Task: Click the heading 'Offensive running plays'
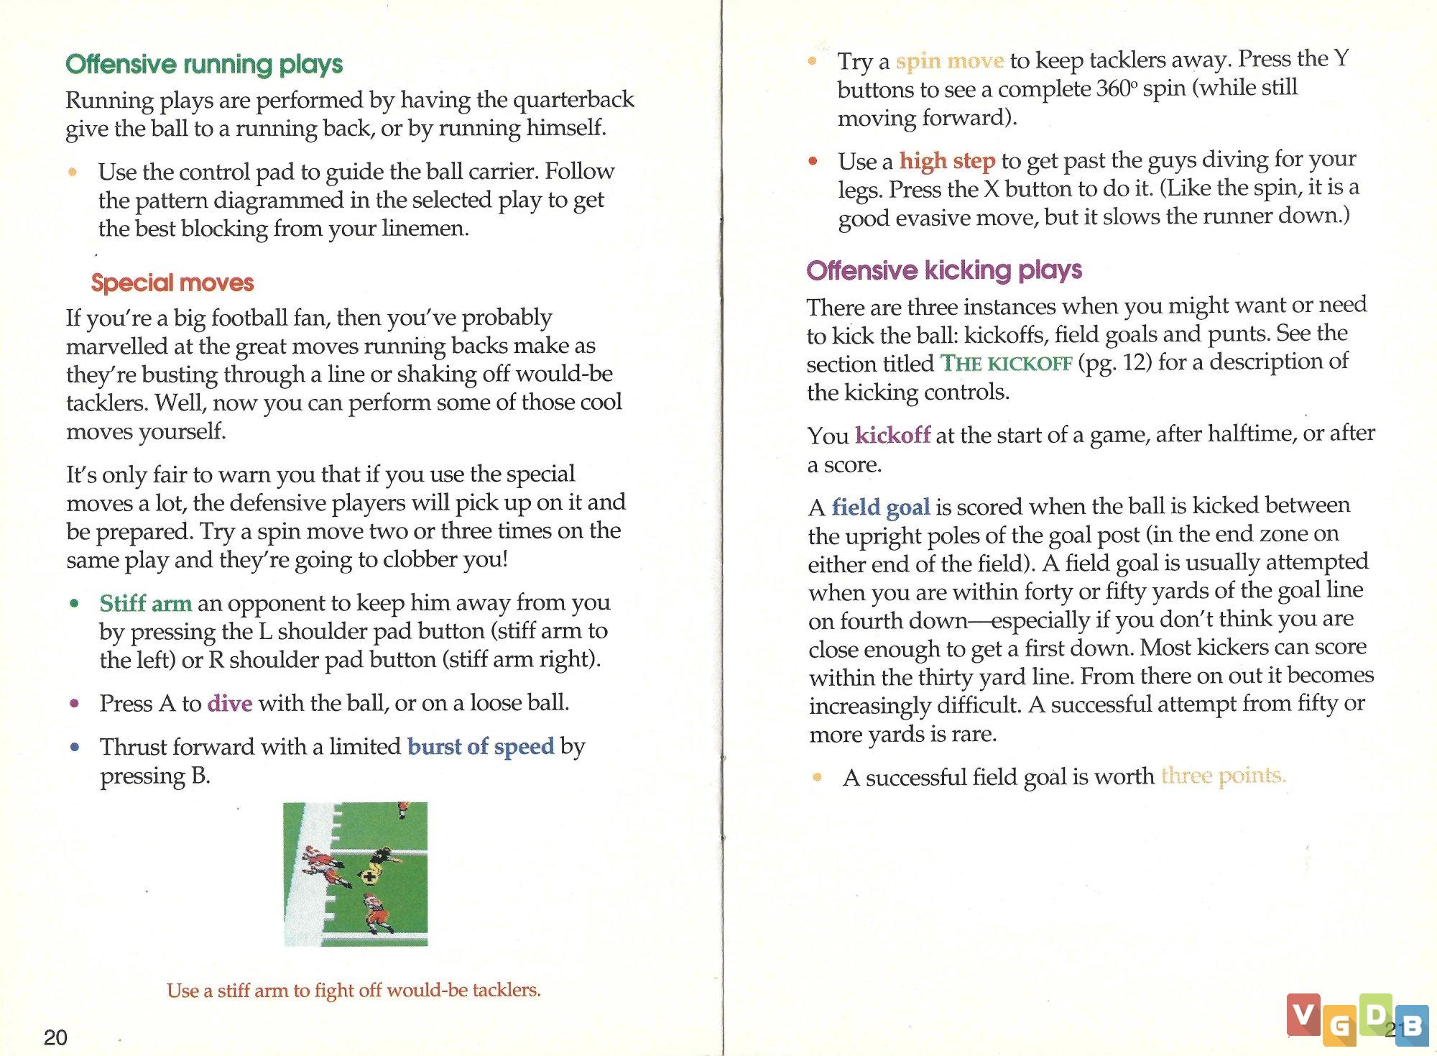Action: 204,65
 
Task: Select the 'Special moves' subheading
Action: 172,283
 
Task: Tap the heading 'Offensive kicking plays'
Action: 944,270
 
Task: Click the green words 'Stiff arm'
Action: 146,603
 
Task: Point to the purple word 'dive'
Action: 230,703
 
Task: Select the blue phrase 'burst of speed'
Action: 481,747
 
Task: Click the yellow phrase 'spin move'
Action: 949,61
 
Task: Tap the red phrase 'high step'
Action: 947,161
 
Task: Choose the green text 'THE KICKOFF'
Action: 1006,364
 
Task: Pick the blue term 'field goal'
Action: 881,508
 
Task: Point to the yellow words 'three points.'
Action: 1223,776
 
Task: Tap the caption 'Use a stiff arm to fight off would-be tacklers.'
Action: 354,991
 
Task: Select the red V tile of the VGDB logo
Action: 1303,1014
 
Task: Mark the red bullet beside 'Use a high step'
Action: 813,161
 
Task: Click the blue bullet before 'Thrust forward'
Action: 75,747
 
